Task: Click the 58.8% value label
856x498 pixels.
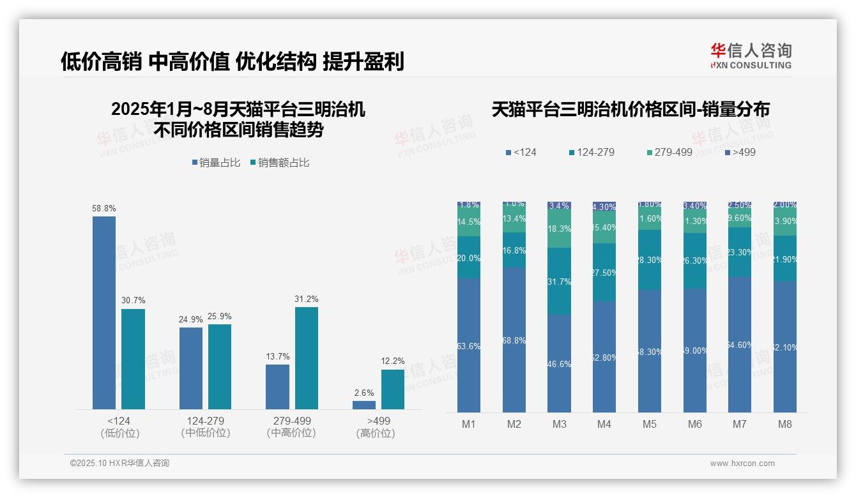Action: (x=104, y=209)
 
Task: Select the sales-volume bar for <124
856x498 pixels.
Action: (x=104, y=313)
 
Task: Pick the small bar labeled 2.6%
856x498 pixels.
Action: (x=364, y=405)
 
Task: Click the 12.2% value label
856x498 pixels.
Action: (x=393, y=361)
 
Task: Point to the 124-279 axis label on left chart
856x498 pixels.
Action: (x=205, y=421)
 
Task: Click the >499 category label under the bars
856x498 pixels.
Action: (x=379, y=421)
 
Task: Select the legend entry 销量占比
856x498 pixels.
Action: (x=216, y=163)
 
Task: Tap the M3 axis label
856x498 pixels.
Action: (x=559, y=425)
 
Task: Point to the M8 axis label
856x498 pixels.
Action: (x=785, y=425)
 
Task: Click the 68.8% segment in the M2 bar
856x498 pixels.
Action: (x=514, y=340)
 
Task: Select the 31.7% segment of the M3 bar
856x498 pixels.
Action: (x=559, y=282)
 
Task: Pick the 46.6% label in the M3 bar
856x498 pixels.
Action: (x=559, y=365)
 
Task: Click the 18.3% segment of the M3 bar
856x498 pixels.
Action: (x=559, y=229)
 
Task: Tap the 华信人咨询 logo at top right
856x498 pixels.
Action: (x=751, y=56)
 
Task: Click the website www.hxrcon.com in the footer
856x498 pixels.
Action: (x=742, y=464)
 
